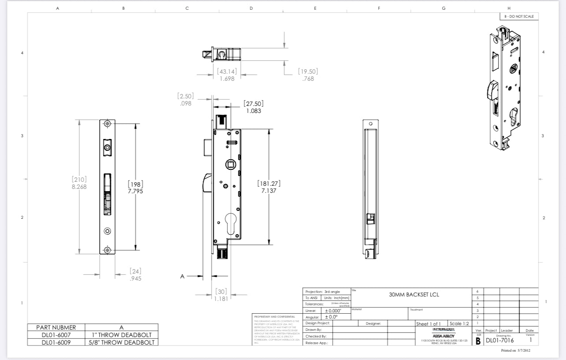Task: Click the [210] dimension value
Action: tap(79, 179)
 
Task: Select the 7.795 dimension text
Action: tap(135, 191)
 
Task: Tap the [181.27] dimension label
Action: tap(269, 183)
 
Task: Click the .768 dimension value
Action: tap(308, 79)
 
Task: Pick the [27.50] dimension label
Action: tap(253, 103)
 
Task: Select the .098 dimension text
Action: tap(185, 104)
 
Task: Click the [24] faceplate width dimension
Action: tap(135, 271)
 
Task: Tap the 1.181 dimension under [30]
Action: tap(221, 299)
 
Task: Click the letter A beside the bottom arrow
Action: tap(182, 276)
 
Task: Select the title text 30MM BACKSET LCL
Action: tap(414, 294)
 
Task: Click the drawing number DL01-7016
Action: tap(499, 340)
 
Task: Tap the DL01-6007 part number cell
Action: tap(56, 335)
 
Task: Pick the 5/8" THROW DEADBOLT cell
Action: tap(122, 342)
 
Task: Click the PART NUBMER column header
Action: tap(56, 327)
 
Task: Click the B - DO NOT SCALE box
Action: tap(518, 16)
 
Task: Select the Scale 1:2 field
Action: tap(460, 324)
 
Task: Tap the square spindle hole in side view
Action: tap(230, 165)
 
